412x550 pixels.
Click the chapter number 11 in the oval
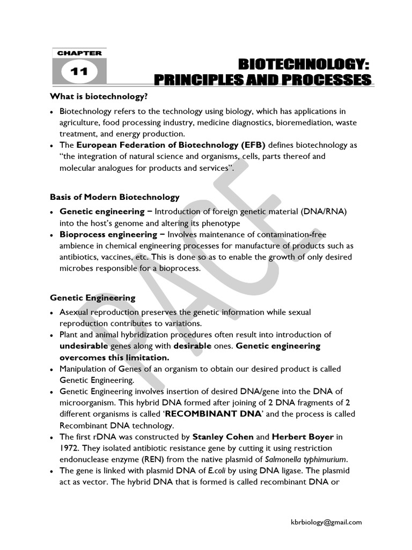(78, 72)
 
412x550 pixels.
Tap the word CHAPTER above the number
(78, 53)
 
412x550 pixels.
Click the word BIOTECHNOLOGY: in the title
(304, 65)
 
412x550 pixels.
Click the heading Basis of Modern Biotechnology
(115, 197)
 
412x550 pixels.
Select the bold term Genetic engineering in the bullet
(102, 212)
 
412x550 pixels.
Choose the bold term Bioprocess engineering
(108, 234)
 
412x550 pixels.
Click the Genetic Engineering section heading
(93, 298)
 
